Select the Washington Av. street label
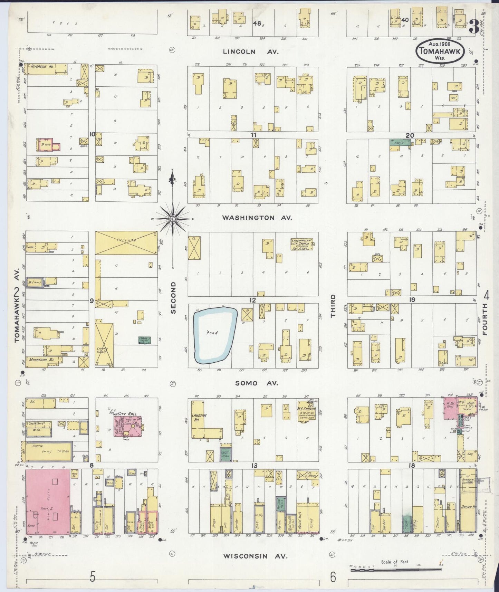click(x=257, y=218)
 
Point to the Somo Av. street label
click(x=257, y=383)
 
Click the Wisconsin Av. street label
click(x=255, y=556)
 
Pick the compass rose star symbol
click(x=172, y=219)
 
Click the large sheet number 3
click(x=474, y=27)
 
